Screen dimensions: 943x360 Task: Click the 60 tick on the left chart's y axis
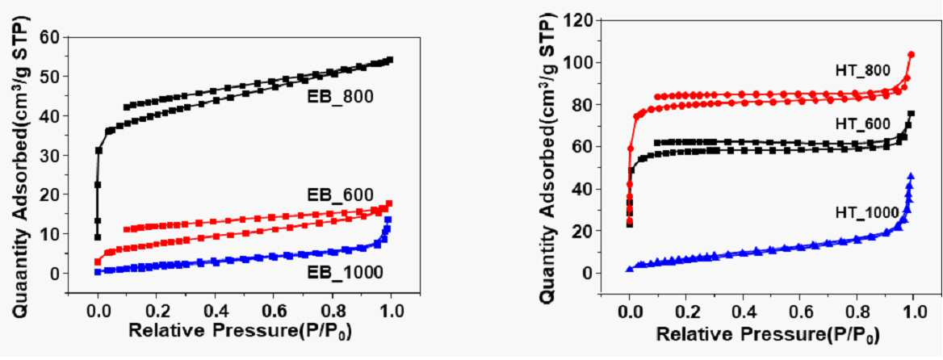click(51, 37)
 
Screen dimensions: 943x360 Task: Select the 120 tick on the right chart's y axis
click(579, 21)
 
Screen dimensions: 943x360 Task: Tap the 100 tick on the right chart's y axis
click(579, 63)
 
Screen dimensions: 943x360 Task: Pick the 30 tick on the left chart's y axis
click(51, 155)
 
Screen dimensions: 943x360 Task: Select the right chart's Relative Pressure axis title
click(767, 334)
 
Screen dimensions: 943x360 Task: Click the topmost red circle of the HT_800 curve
click(912, 55)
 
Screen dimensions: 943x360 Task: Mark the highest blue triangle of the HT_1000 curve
click(911, 176)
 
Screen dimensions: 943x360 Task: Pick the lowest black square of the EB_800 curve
click(98, 237)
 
